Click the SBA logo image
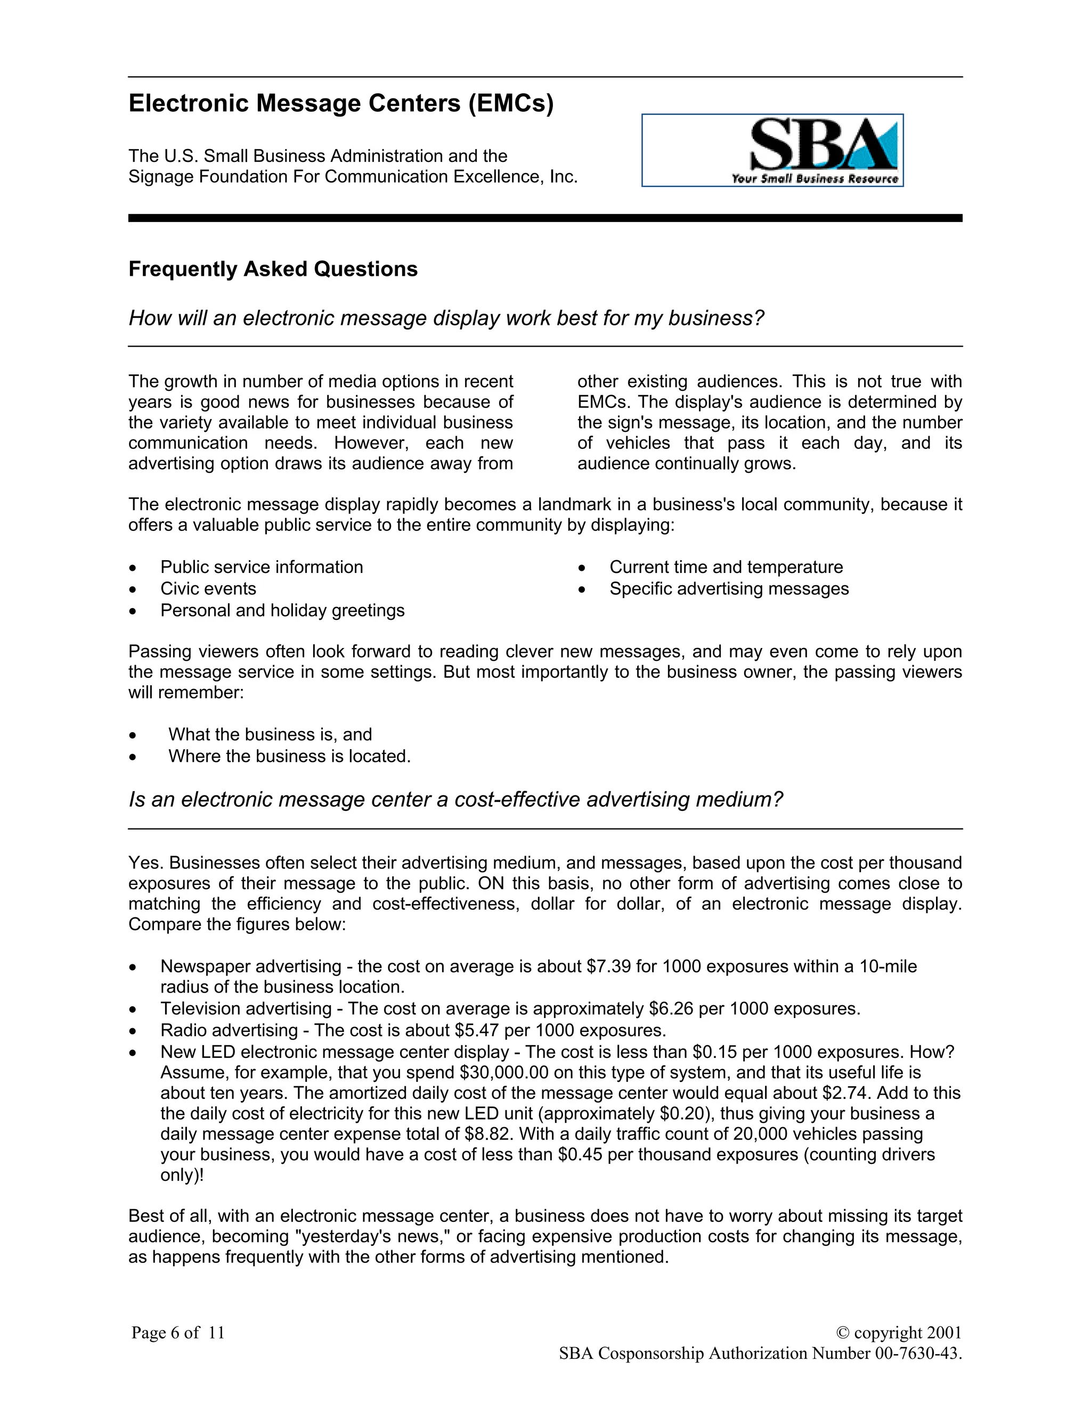[x=772, y=151]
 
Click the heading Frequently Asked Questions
[x=273, y=269]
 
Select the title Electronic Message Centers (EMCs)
[x=340, y=103]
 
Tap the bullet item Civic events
[x=208, y=588]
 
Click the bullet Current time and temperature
[x=726, y=567]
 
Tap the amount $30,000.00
[x=503, y=1072]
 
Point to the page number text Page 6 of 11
[x=178, y=1332]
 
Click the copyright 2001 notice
[x=898, y=1332]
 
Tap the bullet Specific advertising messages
[x=728, y=588]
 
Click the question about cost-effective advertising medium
[x=455, y=799]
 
